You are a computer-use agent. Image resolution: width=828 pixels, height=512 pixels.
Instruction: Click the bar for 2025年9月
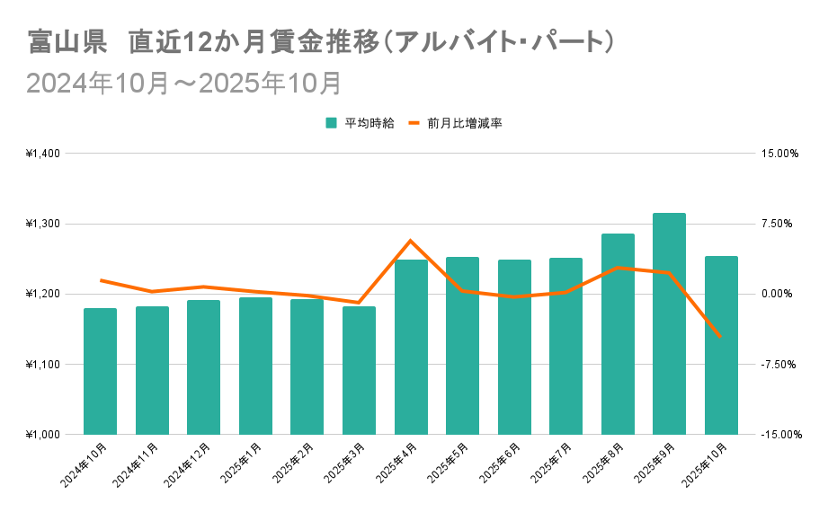[669, 323]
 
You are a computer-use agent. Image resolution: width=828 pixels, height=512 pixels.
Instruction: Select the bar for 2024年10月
[100, 371]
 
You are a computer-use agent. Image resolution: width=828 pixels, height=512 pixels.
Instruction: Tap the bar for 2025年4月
[411, 347]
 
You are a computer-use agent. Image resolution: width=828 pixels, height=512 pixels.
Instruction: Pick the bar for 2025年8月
[618, 334]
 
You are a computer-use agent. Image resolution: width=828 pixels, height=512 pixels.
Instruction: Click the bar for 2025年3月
[359, 370]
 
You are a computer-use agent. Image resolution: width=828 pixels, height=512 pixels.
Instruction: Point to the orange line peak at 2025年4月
[411, 241]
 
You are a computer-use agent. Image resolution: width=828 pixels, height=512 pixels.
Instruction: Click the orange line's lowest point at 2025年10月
[720, 337]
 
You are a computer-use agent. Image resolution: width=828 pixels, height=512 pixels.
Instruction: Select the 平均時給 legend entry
[360, 123]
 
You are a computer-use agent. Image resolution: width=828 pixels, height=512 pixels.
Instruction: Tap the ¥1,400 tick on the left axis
[43, 154]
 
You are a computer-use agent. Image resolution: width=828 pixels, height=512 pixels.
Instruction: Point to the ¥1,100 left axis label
[43, 365]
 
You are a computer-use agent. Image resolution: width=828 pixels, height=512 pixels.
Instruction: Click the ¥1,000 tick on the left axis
[43, 435]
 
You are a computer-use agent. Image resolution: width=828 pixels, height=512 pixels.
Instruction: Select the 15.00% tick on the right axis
[779, 154]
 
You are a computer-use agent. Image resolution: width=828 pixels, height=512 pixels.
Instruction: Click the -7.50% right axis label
[779, 365]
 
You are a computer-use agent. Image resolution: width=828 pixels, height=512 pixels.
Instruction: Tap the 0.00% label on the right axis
[779, 295]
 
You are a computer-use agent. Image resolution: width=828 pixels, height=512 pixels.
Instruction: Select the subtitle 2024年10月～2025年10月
[184, 83]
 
